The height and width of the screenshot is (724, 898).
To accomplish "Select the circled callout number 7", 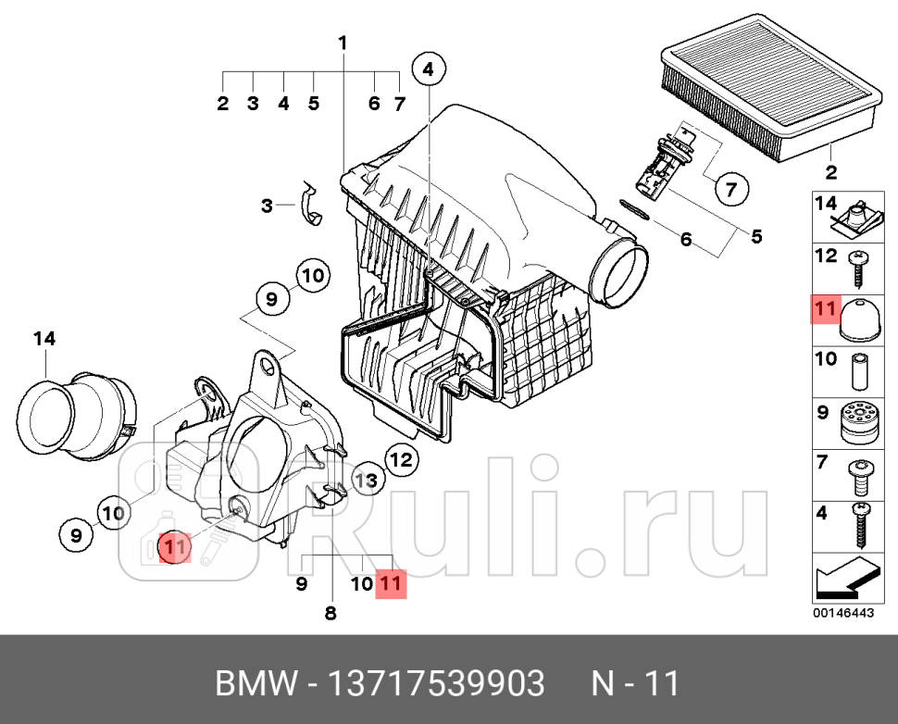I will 730,191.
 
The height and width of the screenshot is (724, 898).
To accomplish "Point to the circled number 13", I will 367,480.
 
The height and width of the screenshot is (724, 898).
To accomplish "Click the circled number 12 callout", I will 400,457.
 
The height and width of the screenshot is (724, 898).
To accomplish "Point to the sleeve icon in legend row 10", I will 859,372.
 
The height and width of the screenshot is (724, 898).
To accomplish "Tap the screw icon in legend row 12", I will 859,268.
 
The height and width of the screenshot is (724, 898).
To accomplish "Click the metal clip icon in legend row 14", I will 858,217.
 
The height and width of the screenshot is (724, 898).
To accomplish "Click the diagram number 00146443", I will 842,612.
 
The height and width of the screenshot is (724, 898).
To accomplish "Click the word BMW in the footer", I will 255,684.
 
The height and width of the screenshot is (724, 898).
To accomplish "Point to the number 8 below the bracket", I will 331,612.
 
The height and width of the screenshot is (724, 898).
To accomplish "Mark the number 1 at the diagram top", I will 343,43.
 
